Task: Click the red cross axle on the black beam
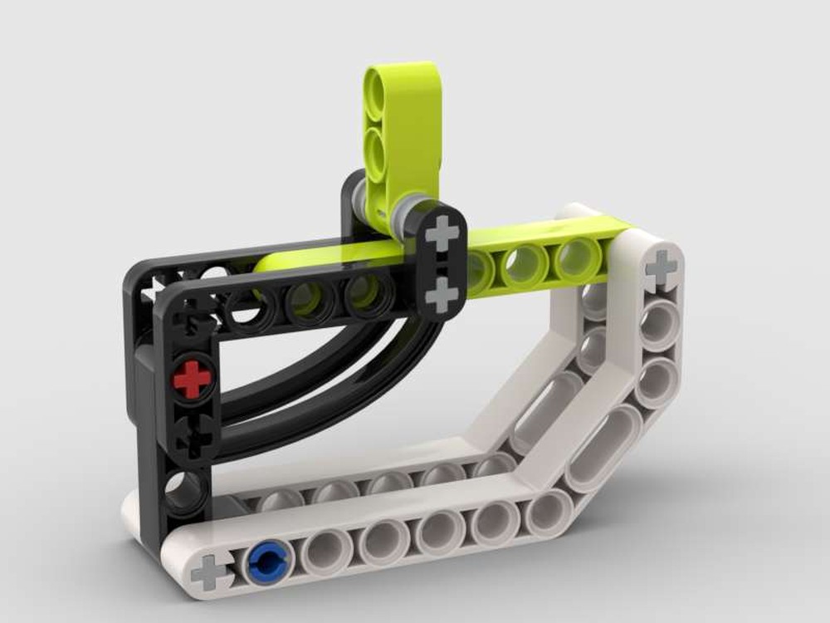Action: coord(193,380)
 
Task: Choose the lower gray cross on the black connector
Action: coord(442,295)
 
